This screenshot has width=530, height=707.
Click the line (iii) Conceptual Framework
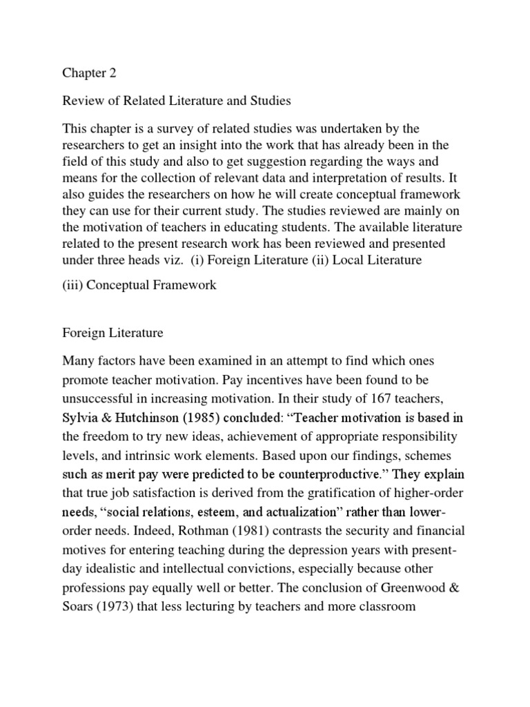point(139,285)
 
